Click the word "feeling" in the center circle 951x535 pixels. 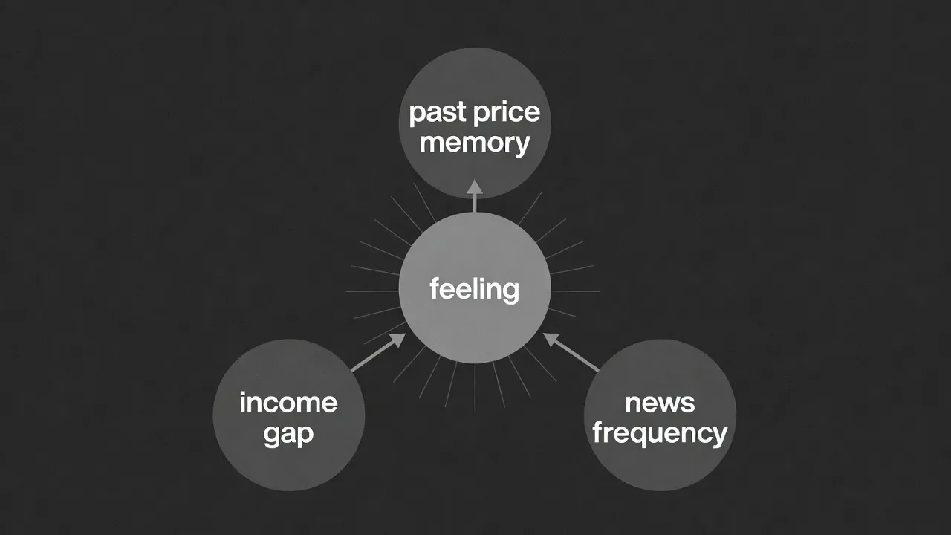pos(474,290)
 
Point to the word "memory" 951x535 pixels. pos(475,143)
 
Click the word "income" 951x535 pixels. pos(288,402)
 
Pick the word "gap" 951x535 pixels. pos(288,435)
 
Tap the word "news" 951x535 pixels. pos(660,403)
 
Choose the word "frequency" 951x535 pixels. pos(660,433)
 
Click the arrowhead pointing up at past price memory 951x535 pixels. pos(475,187)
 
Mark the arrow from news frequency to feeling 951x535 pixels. pos(571,352)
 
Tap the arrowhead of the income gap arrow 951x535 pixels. pos(399,340)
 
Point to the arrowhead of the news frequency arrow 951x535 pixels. pos(551,340)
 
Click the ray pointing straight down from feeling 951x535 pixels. pos(475,388)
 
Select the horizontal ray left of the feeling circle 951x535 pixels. pos(372,291)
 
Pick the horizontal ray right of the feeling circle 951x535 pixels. pos(575,291)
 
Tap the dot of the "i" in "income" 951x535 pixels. pos(243,394)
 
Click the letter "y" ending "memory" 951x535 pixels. pos(522,147)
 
